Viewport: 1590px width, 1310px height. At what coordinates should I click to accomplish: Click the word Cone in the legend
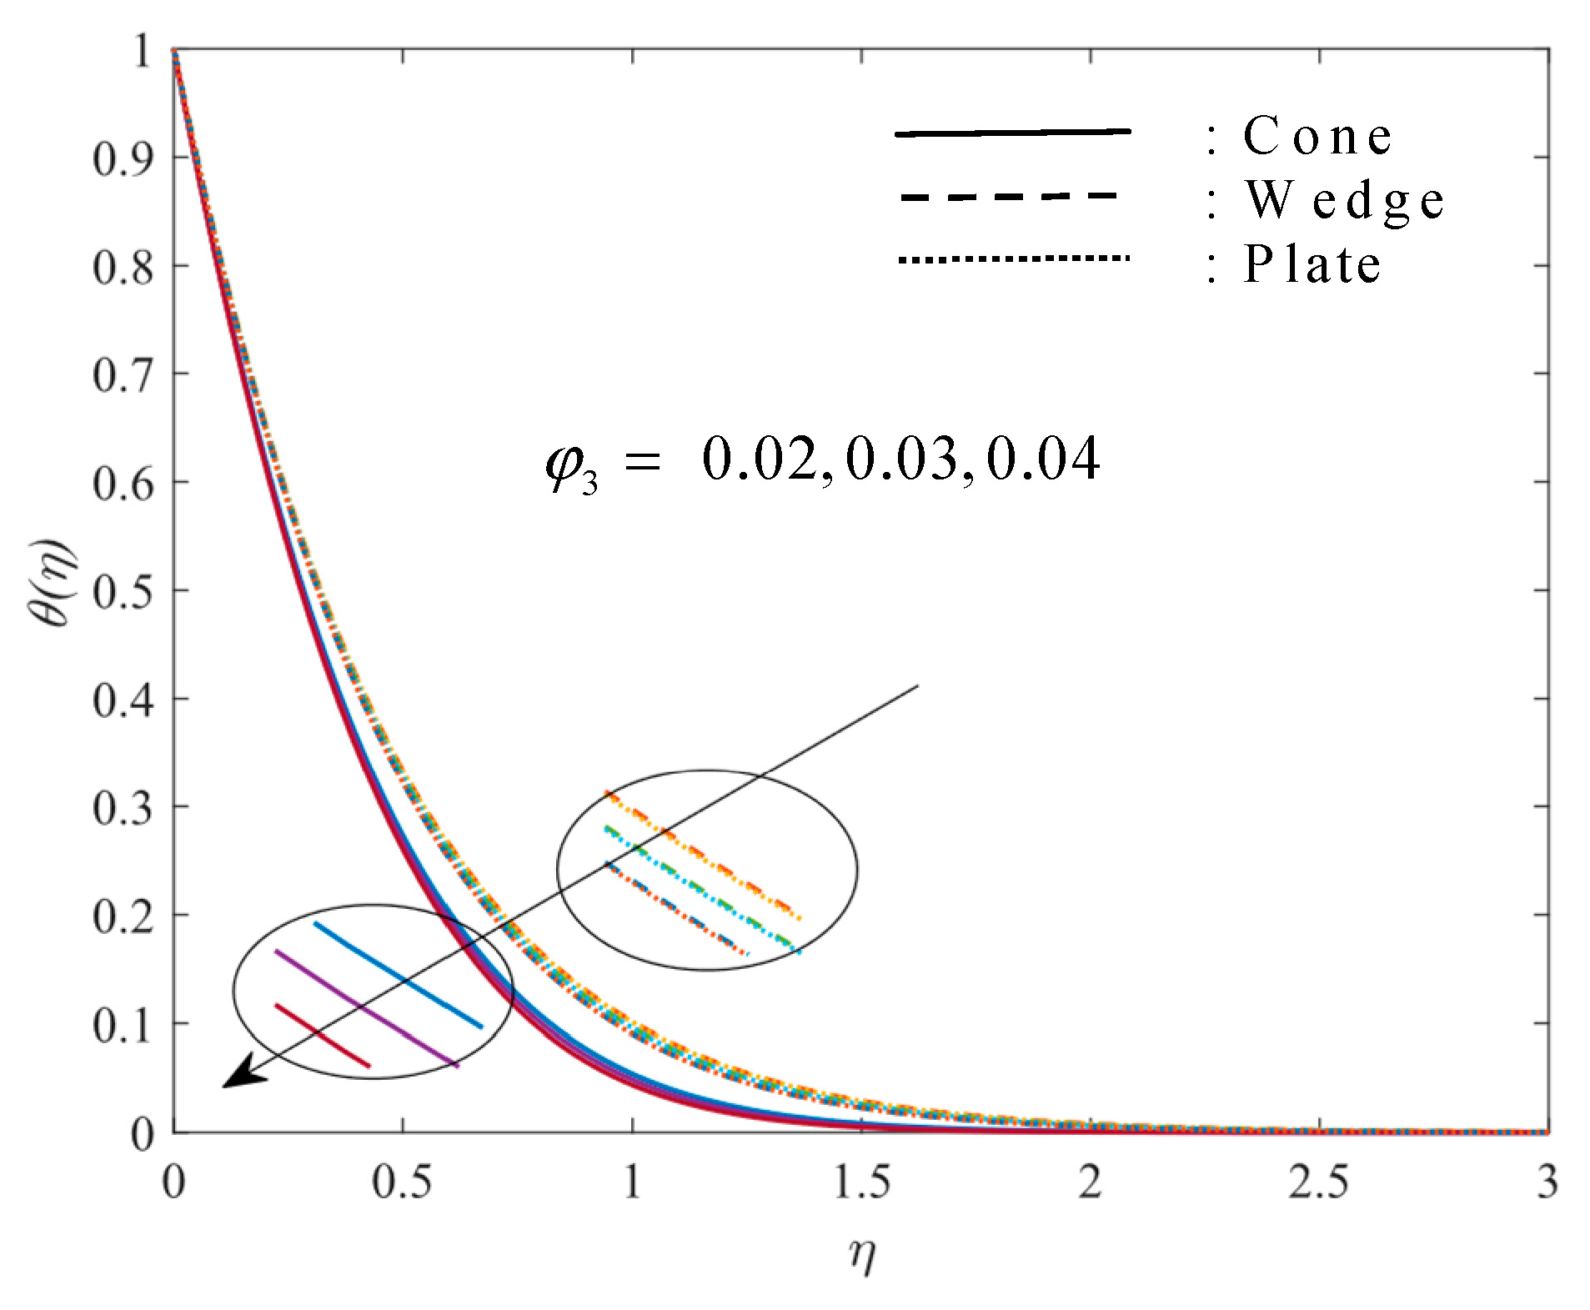[x=1317, y=136]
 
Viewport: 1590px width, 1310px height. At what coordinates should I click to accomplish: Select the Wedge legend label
[x=1343, y=201]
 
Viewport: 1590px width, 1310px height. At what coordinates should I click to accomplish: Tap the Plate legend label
[x=1312, y=264]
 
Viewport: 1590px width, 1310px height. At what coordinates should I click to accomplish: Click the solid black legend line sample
[x=1012, y=133]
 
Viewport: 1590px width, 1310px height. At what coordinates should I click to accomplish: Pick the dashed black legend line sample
[x=1009, y=197]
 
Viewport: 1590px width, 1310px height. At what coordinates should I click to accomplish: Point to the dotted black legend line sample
[x=1012, y=259]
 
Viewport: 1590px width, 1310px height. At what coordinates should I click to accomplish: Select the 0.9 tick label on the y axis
[x=123, y=158]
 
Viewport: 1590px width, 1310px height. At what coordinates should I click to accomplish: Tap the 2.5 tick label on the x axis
[x=1317, y=1182]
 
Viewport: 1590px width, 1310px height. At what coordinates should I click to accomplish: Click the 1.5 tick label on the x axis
[x=861, y=1182]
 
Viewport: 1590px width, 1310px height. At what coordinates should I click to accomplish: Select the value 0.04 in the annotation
[x=1043, y=459]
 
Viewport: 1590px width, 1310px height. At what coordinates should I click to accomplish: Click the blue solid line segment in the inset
[x=398, y=975]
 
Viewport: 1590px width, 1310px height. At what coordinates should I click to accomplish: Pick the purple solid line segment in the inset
[x=366, y=1008]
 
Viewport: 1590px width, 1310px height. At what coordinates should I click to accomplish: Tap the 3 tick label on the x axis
[x=1547, y=1182]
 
